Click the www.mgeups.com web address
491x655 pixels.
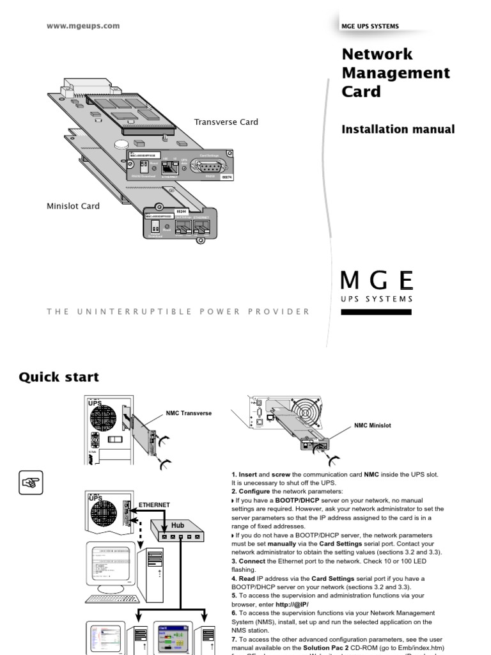click(83, 26)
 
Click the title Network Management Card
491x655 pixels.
click(396, 72)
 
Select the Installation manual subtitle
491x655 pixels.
click(398, 129)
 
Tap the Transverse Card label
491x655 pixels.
click(226, 122)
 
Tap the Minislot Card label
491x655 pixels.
click(73, 207)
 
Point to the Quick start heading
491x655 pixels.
click(59, 377)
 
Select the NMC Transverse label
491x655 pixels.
click(189, 413)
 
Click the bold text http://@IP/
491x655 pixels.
click(292, 604)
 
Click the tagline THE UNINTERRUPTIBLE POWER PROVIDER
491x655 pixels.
click(178, 312)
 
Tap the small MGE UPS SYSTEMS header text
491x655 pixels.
click(371, 26)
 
